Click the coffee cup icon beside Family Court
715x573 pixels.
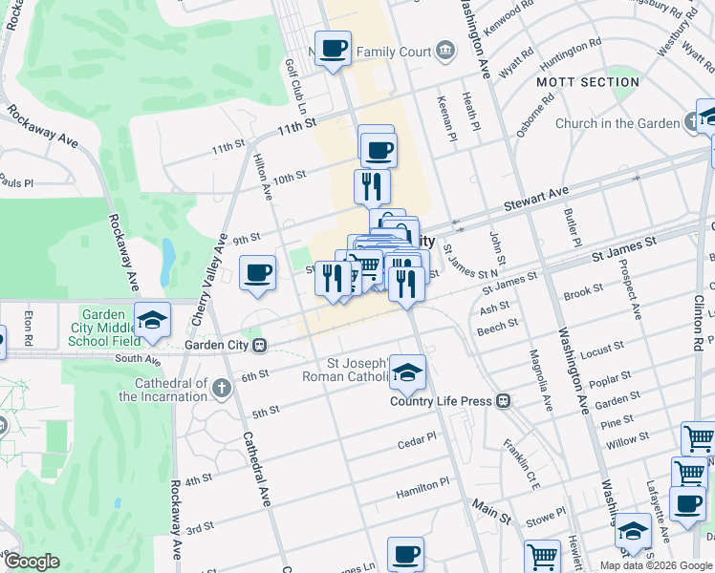click(333, 48)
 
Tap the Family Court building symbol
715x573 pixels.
click(444, 50)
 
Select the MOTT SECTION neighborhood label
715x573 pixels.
click(587, 82)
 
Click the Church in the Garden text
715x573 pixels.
click(617, 123)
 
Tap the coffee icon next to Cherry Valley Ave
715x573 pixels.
click(257, 274)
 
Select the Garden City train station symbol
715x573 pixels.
click(259, 345)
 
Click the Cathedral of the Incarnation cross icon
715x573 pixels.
click(222, 389)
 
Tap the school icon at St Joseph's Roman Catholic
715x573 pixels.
click(407, 373)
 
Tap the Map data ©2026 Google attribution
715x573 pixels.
click(654, 565)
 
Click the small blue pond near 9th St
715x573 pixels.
click(169, 255)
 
